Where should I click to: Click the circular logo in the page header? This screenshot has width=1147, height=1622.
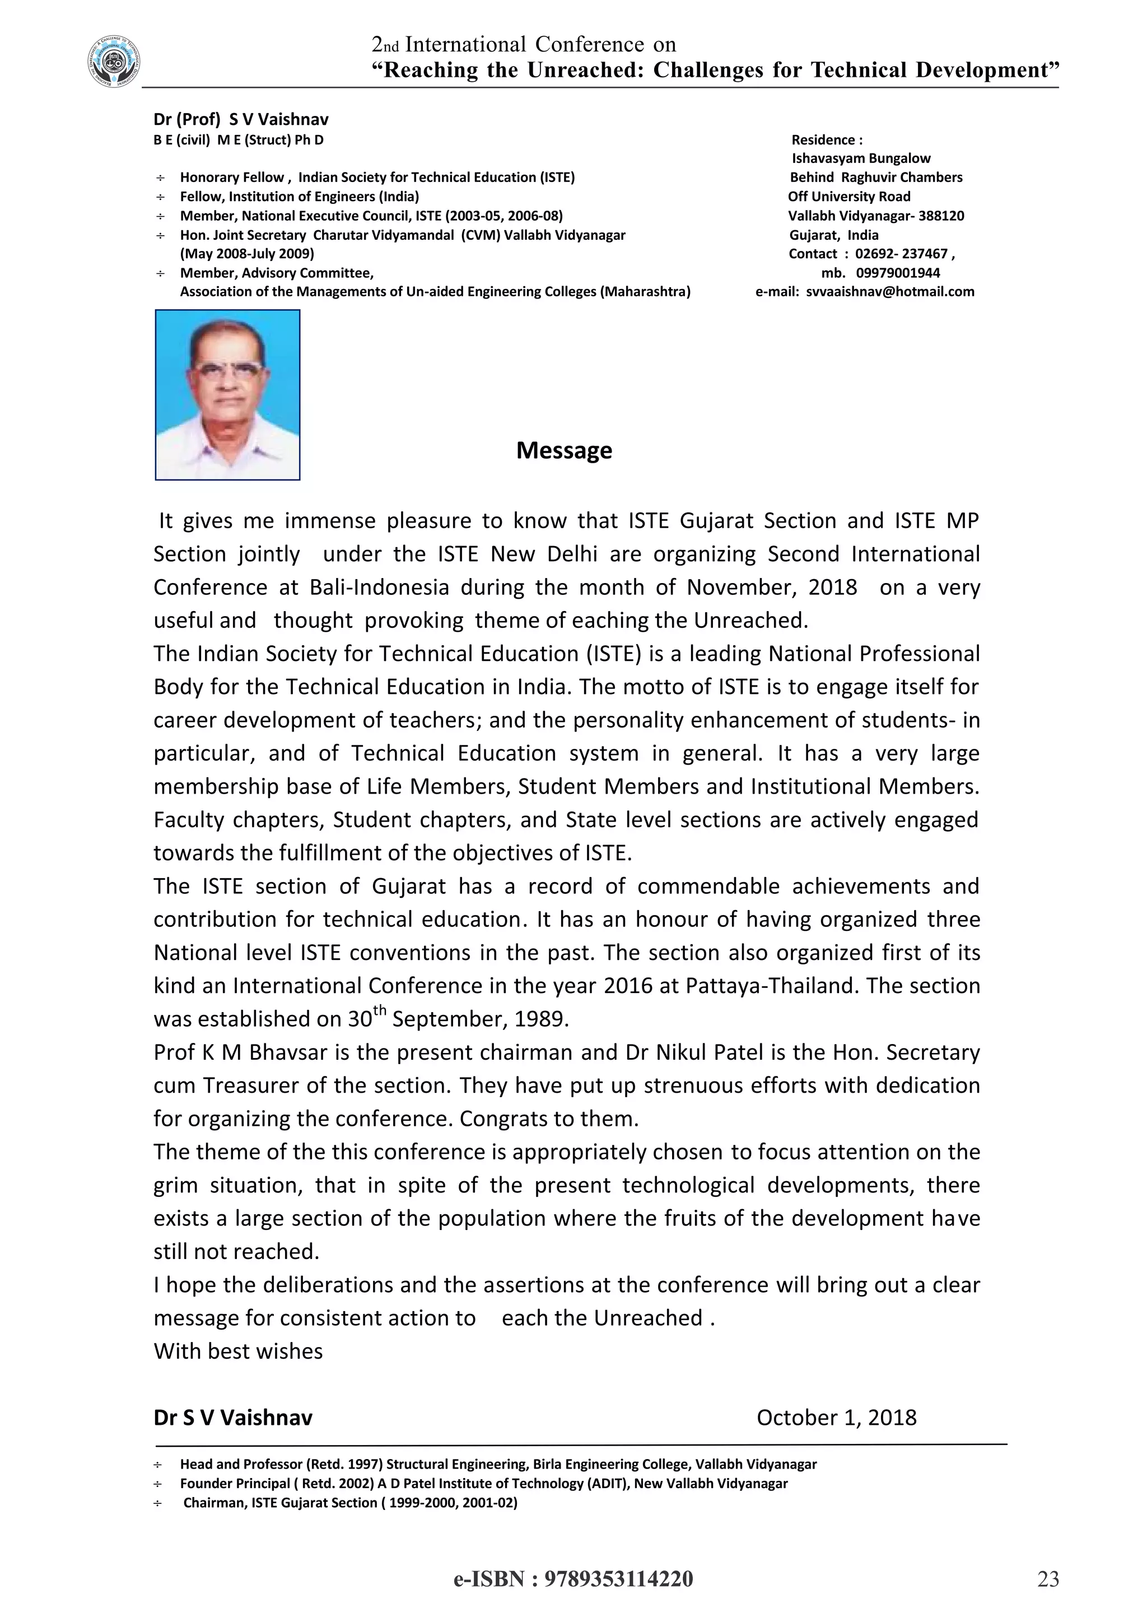coord(113,62)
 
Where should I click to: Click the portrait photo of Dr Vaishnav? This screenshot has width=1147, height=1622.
coord(227,395)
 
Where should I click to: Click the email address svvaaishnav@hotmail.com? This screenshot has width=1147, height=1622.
coord(890,292)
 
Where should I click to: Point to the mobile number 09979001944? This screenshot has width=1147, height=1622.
coord(898,273)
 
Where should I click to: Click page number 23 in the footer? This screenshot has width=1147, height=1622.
coord(1048,1579)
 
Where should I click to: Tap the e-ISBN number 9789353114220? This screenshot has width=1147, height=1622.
coord(619,1578)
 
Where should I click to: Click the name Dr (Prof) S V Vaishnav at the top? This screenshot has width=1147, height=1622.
coord(241,119)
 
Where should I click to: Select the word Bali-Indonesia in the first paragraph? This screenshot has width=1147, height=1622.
coord(379,587)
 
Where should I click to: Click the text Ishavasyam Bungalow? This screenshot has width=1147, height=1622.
coord(860,159)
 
